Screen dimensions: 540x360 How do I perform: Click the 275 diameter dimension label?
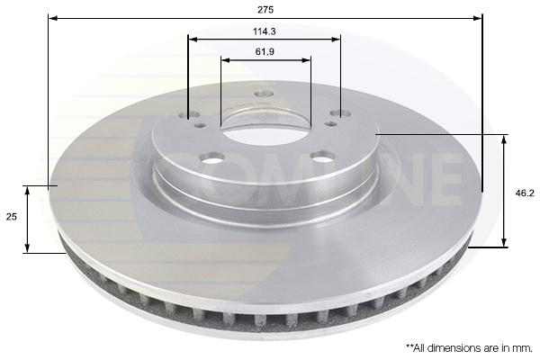pyautogui.click(x=265, y=10)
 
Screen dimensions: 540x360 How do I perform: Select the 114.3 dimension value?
pyautogui.click(x=265, y=31)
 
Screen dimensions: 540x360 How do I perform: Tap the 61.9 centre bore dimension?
pyautogui.click(x=265, y=52)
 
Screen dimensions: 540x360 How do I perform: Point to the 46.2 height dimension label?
pyautogui.click(x=525, y=193)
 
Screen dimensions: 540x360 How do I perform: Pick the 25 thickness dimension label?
pyautogui.click(x=12, y=217)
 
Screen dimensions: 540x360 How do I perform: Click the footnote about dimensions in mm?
pyautogui.click(x=469, y=348)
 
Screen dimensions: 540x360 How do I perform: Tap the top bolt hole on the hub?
pyautogui.click(x=264, y=94)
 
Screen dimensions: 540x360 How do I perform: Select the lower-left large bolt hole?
pyautogui.click(x=211, y=158)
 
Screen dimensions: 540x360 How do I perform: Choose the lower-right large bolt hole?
pyautogui.click(x=323, y=157)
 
